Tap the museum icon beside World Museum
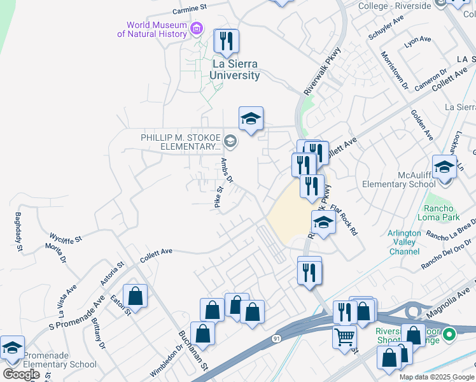click(197, 29)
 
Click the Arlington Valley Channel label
click(404, 243)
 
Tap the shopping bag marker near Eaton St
click(135, 295)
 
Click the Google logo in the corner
click(20, 374)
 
